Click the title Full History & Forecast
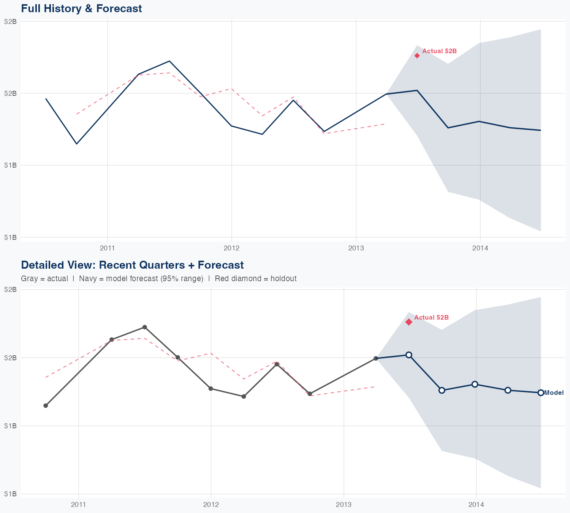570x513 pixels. click(x=81, y=8)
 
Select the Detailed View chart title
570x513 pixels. click(x=132, y=265)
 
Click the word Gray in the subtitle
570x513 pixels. click(x=29, y=279)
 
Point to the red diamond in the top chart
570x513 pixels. click(x=417, y=55)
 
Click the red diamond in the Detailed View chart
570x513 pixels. click(x=409, y=322)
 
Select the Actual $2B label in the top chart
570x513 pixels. click(x=439, y=51)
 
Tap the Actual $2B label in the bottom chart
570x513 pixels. click(x=431, y=317)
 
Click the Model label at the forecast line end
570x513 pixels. click(x=554, y=393)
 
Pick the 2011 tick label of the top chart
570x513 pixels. click(x=107, y=248)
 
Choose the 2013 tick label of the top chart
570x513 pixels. click(x=356, y=248)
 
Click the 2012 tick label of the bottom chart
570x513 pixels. click(x=211, y=505)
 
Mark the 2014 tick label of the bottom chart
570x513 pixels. click(x=476, y=505)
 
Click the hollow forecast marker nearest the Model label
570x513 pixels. click(x=541, y=393)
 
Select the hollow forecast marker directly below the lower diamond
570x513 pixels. click(x=409, y=355)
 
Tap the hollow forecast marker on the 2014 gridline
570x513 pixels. click(x=475, y=384)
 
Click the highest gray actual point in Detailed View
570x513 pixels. click(x=145, y=327)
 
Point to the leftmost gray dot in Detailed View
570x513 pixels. click(x=46, y=405)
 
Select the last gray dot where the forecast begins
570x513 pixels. click(x=376, y=358)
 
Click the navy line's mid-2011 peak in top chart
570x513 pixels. click(x=169, y=61)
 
